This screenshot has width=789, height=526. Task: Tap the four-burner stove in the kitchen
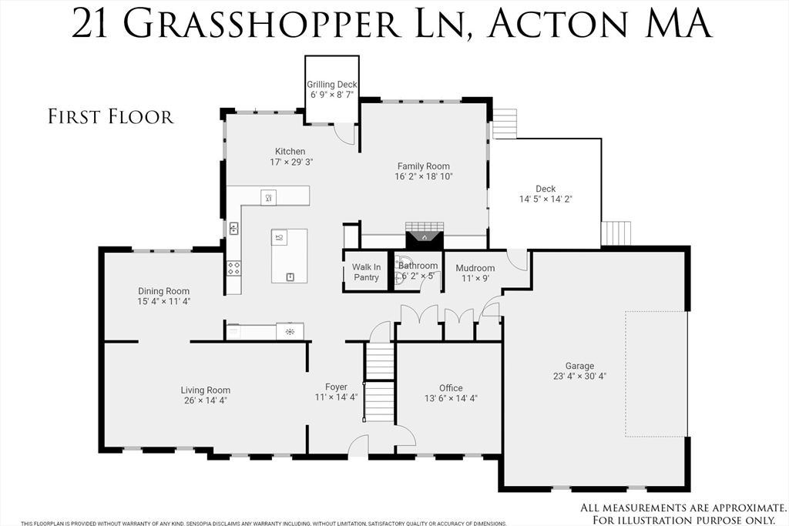[233, 268]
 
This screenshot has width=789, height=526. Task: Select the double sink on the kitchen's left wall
[233, 229]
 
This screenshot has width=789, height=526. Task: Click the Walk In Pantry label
[366, 272]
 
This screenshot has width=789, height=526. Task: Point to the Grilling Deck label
[332, 85]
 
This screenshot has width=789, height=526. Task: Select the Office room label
[451, 388]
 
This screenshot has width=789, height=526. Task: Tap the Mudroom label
[475, 268]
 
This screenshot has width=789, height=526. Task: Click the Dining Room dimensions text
[163, 302]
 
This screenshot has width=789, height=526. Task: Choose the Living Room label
[206, 390]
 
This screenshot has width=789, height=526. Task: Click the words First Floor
[111, 117]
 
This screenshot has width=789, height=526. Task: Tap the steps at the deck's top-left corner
[505, 123]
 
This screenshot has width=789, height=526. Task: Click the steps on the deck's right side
[616, 233]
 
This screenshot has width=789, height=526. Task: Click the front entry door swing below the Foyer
[358, 446]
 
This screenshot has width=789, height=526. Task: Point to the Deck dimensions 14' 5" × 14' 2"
[546, 199]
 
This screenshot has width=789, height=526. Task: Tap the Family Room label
[423, 166]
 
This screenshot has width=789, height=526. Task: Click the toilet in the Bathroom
[400, 275]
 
